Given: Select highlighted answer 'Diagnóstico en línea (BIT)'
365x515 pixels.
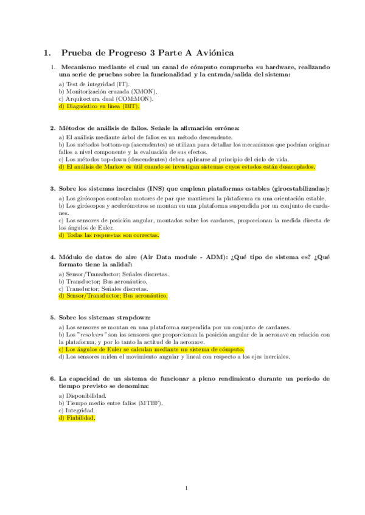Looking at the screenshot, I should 99,106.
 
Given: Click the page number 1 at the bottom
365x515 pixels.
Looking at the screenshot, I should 187,488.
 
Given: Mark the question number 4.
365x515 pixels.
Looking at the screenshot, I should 52,257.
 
